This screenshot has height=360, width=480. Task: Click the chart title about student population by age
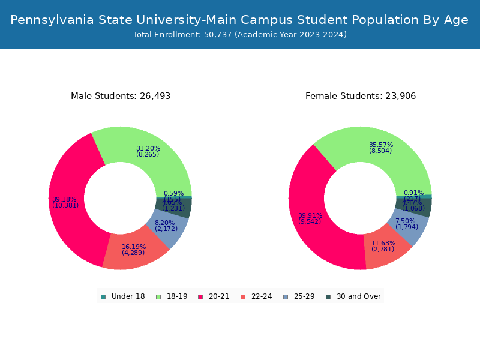tap(239, 20)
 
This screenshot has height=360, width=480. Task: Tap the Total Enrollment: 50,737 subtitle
tap(239, 35)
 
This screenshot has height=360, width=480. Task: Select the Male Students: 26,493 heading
tap(121, 96)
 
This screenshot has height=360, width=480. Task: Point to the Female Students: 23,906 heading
tap(361, 96)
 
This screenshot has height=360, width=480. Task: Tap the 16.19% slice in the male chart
tap(133, 248)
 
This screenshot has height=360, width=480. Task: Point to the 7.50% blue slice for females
tap(410, 226)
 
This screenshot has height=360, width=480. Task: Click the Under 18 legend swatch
tap(103, 296)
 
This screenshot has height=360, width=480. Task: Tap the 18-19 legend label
tap(177, 296)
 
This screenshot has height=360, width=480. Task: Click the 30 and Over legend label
tap(358, 296)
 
